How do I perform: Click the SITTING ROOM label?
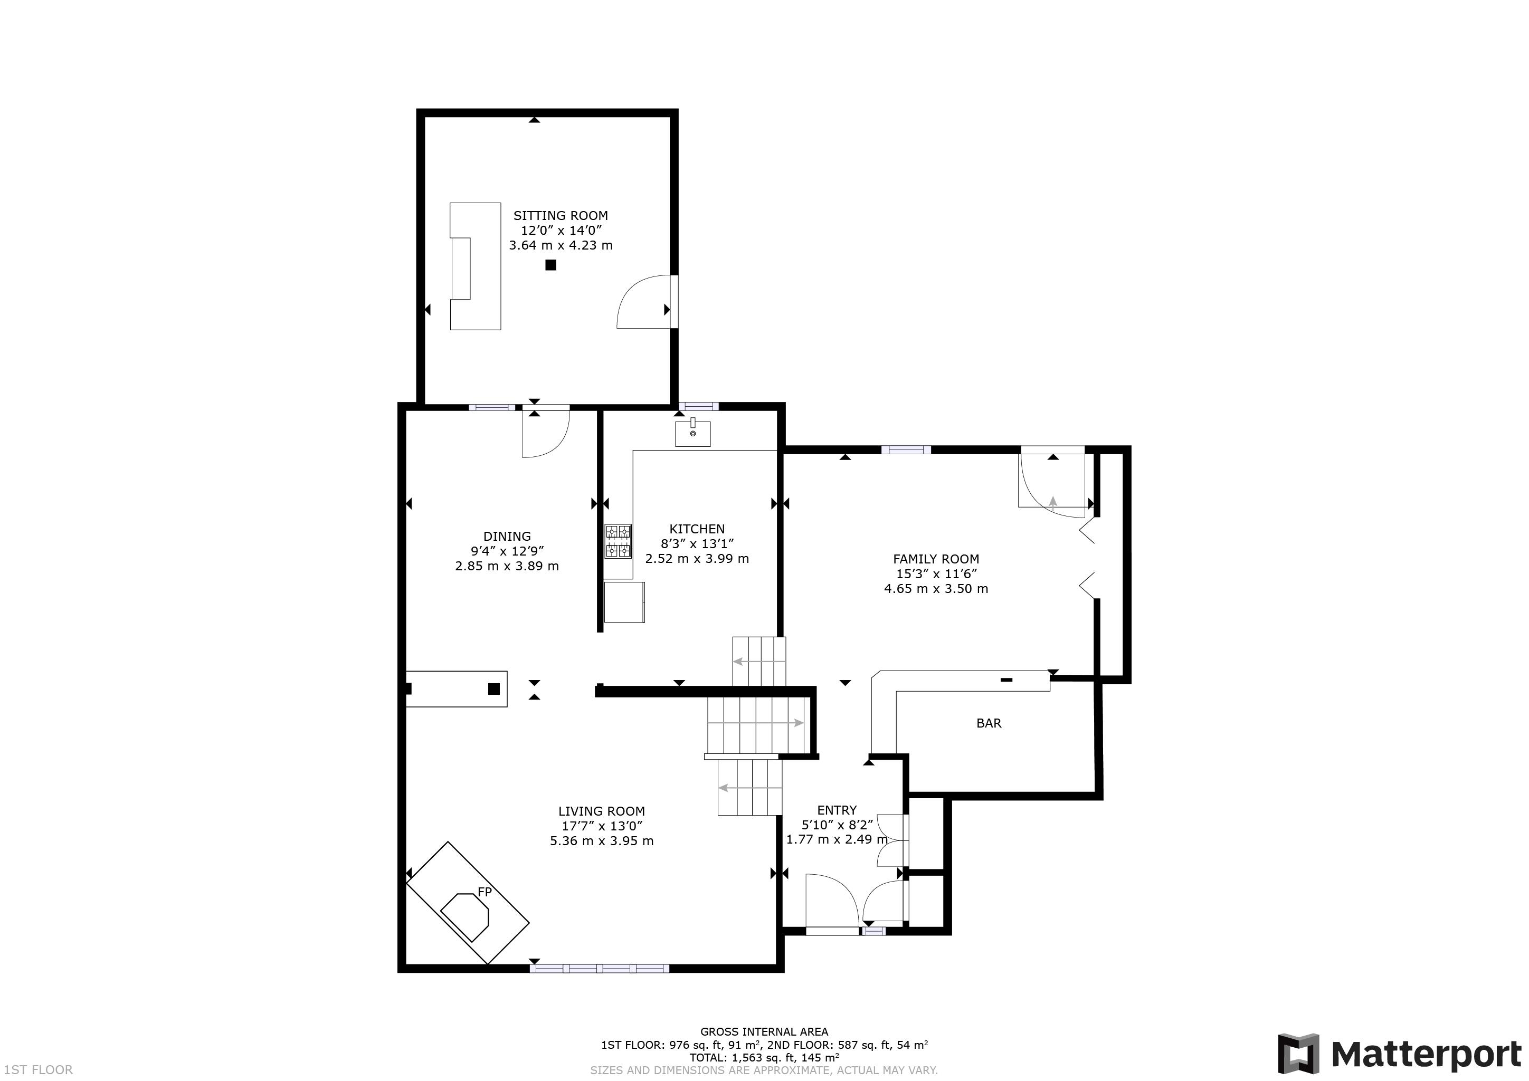point(560,216)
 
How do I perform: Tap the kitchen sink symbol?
point(692,433)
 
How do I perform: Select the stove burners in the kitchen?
point(618,541)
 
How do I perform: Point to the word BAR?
point(988,723)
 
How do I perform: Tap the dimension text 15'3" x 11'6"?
point(936,574)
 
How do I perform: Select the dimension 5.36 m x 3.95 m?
point(601,841)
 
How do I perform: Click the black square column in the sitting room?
point(550,265)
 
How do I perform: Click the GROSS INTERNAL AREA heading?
point(764,1032)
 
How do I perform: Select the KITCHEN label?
point(697,529)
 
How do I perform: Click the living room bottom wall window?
point(600,969)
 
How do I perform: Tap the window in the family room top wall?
point(906,450)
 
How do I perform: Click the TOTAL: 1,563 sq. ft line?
point(764,1058)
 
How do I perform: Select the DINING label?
point(507,537)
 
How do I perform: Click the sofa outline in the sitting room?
point(476,266)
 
